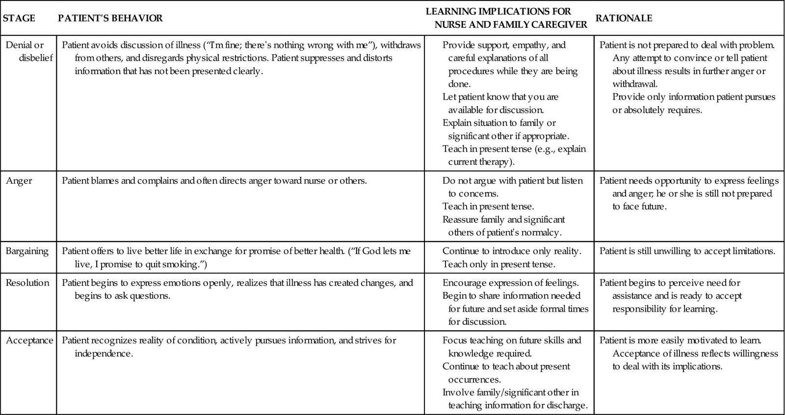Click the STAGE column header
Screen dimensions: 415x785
(19, 18)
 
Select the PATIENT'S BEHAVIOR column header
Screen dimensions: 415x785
(110, 18)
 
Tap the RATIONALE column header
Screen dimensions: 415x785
(624, 18)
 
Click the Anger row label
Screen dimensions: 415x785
(19, 181)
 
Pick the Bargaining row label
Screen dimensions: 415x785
(27, 251)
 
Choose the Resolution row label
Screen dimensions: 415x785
(27, 283)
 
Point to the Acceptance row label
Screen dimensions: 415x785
(29, 341)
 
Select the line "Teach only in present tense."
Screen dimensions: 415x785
(498, 265)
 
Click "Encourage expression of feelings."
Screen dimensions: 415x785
(510, 283)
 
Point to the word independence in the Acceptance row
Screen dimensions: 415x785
(104, 353)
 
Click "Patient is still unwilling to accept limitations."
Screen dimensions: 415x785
(687, 251)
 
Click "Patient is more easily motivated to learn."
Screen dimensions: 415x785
(680, 341)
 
